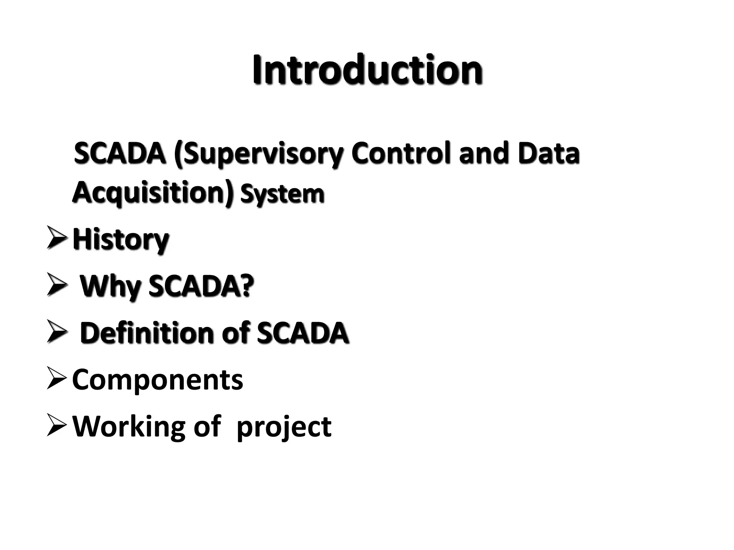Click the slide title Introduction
pos(367,70)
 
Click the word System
pos(282,194)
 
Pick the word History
pos(120,240)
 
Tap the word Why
pos(109,287)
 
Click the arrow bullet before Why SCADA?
pos(56,286)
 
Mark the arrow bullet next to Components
pos(56,379)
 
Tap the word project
pos(284,428)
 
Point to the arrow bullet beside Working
pos(56,426)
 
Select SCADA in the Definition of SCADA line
pos(302,333)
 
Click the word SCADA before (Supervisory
pos(119,153)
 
